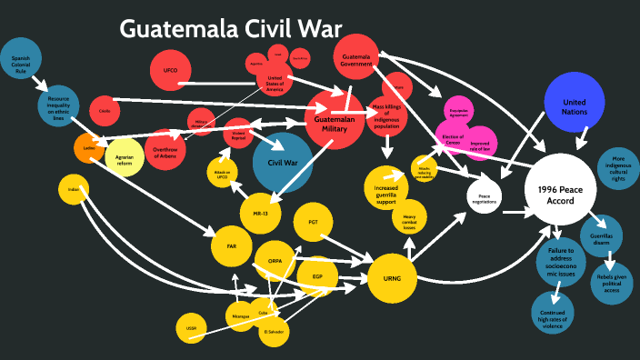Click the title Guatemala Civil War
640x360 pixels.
(x=232, y=30)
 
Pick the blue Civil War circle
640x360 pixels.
(x=283, y=162)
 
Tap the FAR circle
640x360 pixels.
(x=230, y=245)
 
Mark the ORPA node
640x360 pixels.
(x=274, y=261)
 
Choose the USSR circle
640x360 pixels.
(x=190, y=327)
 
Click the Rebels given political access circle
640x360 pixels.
(x=605, y=283)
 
